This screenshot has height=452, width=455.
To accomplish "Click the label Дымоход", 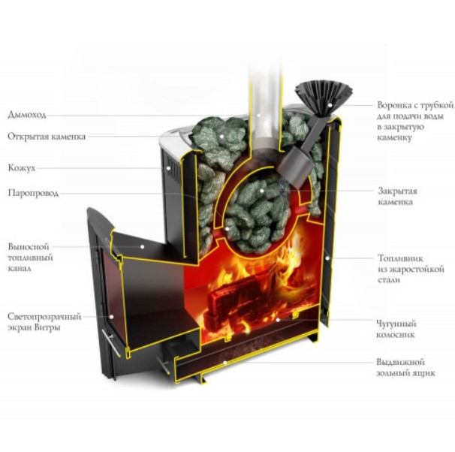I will [27, 115].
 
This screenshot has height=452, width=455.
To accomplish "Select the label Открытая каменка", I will [47, 137].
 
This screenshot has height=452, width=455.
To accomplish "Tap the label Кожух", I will [22, 168].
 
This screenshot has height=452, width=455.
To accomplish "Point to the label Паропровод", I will [34, 193].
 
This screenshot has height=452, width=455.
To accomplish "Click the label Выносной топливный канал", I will [32, 257].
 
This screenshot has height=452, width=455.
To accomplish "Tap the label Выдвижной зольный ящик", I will [405, 367].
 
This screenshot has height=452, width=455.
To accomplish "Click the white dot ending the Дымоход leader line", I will [261, 115].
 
